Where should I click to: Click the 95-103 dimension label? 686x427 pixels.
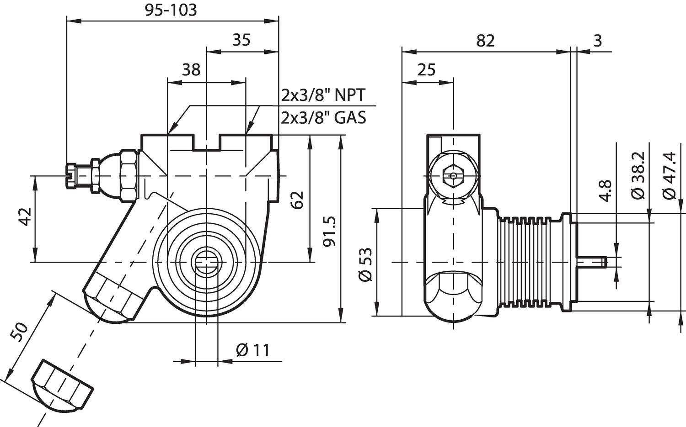click(x=171, y=10)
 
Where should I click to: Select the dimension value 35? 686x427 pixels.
click(x=241, y=40)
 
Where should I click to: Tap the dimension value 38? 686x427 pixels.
click(x=191, y=70)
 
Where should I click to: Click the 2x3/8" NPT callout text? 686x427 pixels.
click(x=323, y=95)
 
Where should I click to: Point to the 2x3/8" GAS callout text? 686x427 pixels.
click(x=323, y=118)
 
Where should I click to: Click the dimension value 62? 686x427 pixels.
click(x=297, y=200)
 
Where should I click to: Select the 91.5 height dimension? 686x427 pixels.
click(x=329, y=232)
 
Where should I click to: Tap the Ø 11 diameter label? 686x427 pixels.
click(x=253, y=350)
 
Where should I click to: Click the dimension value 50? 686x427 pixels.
click(x=21, y=332)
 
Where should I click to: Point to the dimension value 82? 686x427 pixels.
click(x=485, y=41)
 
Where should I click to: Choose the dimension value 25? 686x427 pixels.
click(x=426, y=70)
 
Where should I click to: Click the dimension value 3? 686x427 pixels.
click(x=598, y=41)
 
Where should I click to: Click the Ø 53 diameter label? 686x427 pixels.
click(x=366, y=265)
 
